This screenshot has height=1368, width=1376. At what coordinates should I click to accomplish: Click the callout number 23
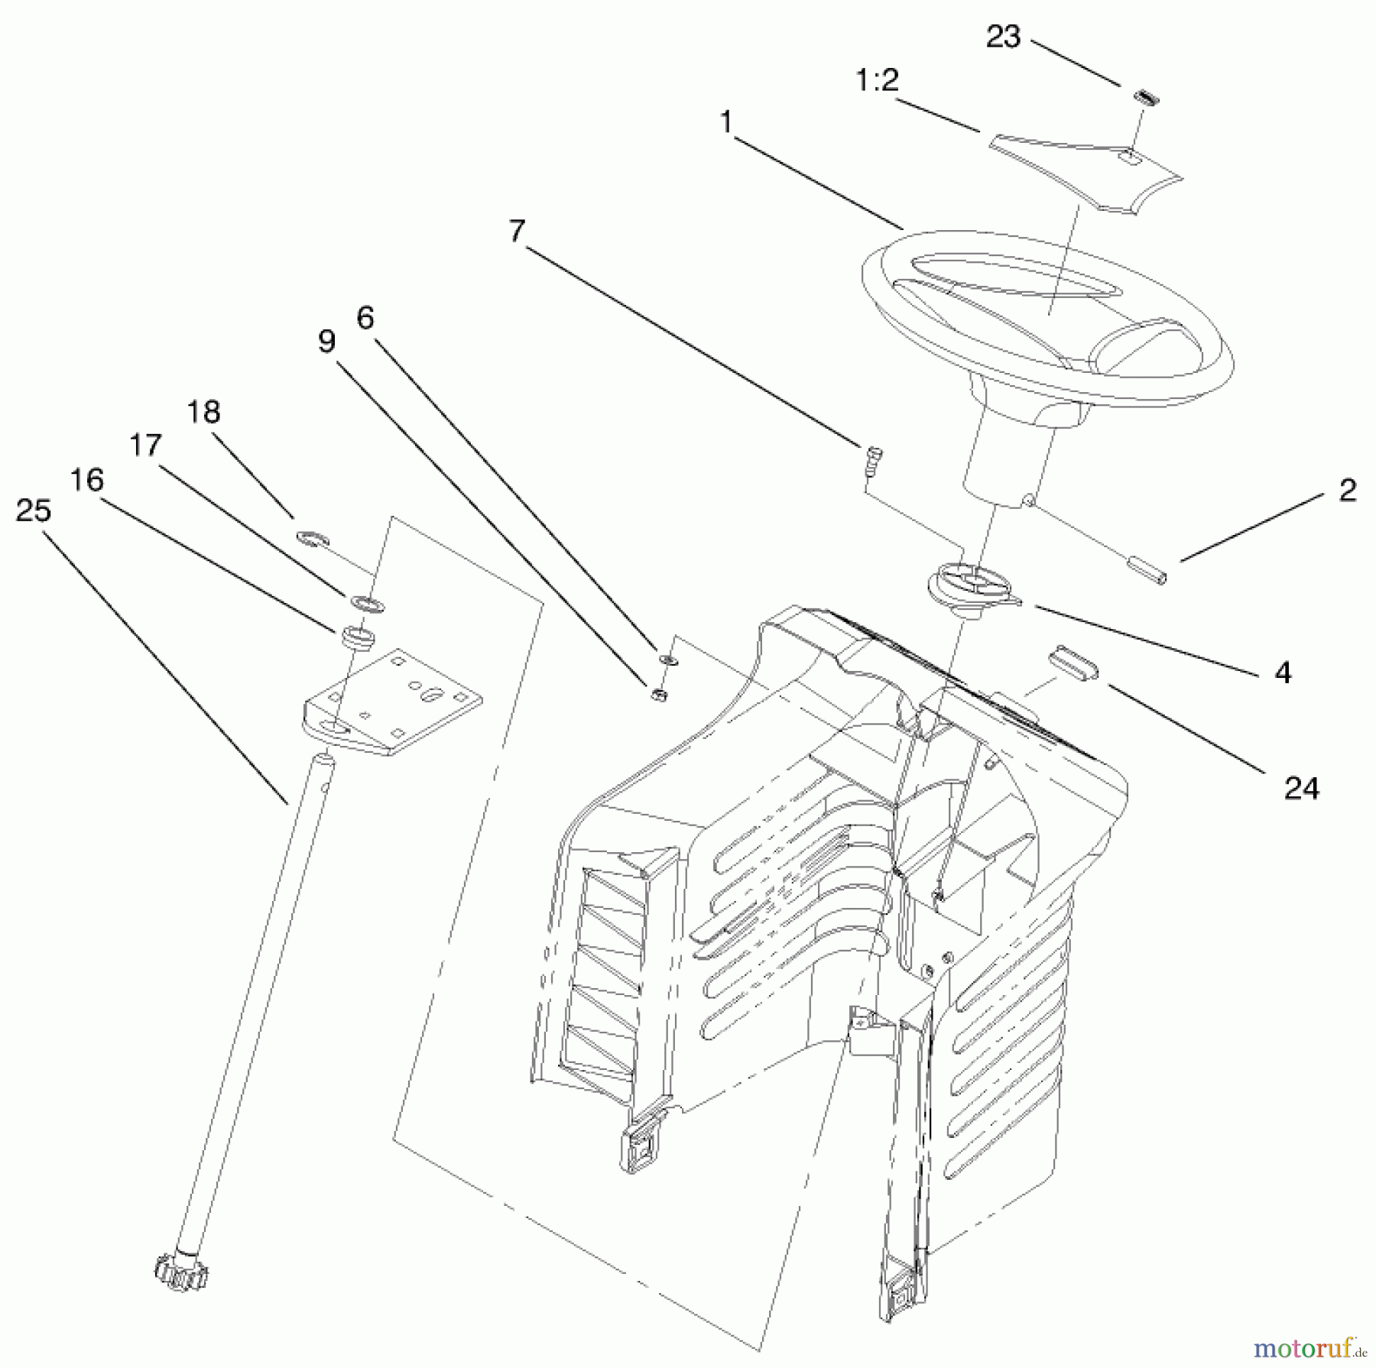[x=1003, y=36]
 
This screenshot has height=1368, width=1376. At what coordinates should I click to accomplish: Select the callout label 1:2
[x=877, y=79]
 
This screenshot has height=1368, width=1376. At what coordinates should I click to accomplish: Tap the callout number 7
[x=518, y=231]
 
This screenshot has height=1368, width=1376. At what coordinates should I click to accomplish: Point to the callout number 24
[x=1301, y=788]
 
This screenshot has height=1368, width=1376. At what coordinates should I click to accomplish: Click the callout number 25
[x=34, y=511]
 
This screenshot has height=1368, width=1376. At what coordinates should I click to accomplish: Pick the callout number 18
[x=203, y=412]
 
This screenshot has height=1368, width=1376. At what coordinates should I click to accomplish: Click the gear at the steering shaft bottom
[x=181, y=1272]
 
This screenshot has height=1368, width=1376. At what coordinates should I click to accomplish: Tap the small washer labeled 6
[x=667, y=659]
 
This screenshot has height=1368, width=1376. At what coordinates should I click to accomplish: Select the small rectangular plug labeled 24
[x=1073, y=661]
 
